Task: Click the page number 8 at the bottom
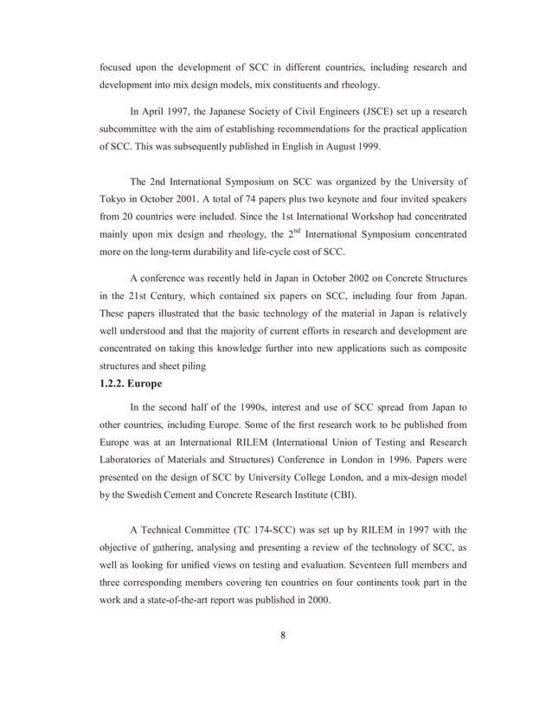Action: (283, 637)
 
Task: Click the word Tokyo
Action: (114, 201)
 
